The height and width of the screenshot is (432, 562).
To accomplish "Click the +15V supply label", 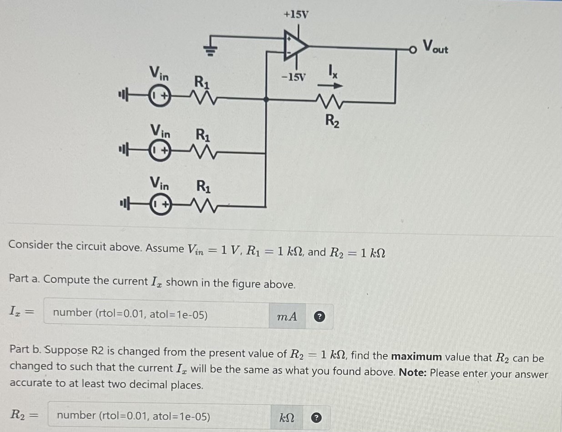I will coord(296,15).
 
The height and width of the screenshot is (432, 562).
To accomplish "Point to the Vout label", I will coord(435,46).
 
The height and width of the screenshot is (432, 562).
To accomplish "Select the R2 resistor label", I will coord(331,121).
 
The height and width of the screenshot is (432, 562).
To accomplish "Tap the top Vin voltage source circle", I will coord(160,97).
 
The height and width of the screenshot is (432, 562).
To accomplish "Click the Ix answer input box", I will coord(156,314).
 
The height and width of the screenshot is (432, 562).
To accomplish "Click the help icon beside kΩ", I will coord(318,417).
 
